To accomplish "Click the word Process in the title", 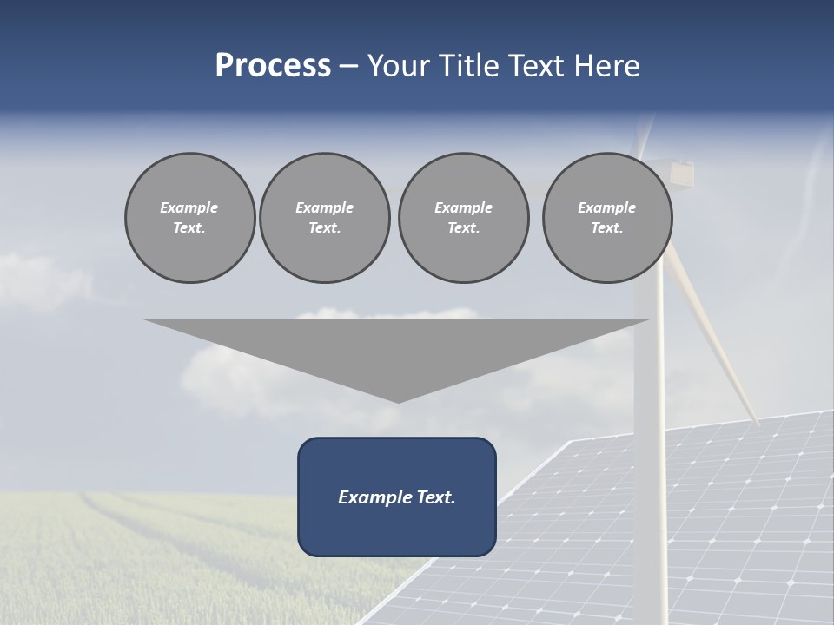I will (x=273, y=66).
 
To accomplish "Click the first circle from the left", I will (x=190, y=218).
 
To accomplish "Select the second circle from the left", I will (x=325, y=218).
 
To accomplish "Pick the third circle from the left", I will (x=464, y=218).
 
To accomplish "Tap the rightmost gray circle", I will (x=607, y=218).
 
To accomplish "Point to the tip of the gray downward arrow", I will (x=398, y=400).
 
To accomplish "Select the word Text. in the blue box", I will (x=436, y=497).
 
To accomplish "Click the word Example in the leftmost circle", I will (x=189, y=207).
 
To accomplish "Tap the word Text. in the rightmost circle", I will (x=607, y=228).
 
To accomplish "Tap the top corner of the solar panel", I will (x=570, y=442).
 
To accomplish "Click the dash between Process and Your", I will (x=349, y=66).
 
